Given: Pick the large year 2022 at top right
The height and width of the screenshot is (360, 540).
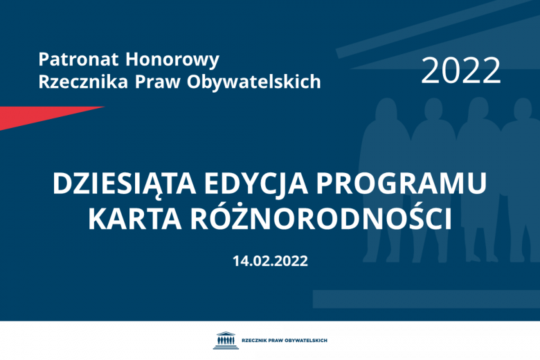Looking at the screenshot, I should coord(460,71).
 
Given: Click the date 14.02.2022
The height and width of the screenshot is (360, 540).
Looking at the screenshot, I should coord(270,261).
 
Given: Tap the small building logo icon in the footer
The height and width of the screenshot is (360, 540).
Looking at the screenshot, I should coord(225,341).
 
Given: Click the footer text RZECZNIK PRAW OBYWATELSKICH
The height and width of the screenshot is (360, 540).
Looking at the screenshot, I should coord(285,341).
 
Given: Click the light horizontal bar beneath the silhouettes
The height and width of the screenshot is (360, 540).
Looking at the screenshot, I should coord(426,298).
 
